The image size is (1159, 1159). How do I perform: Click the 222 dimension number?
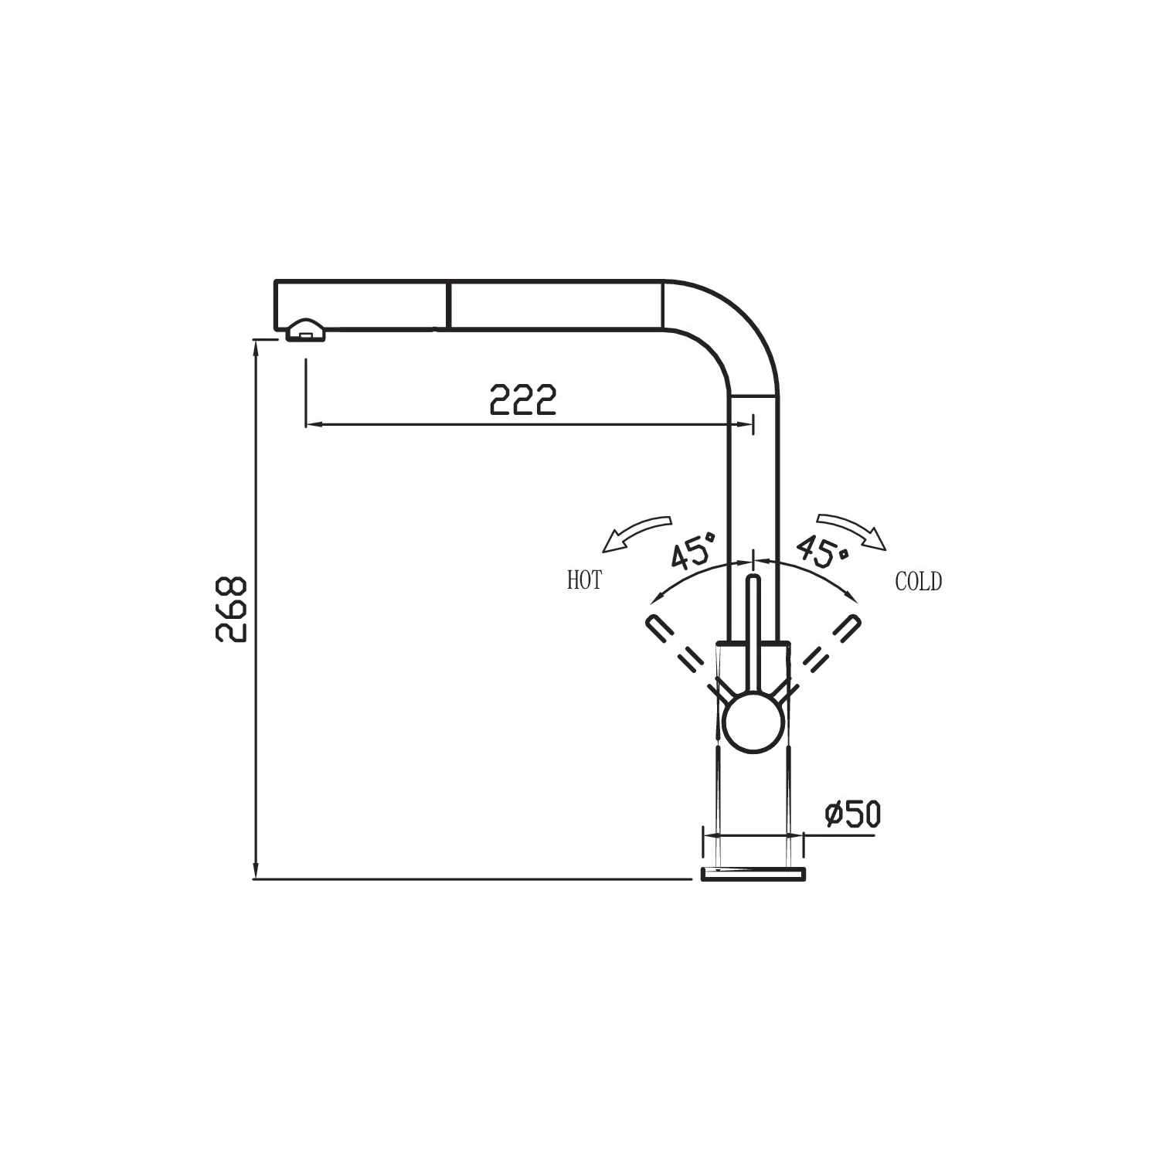click(523, 399)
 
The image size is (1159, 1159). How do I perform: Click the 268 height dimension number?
click(231, 608)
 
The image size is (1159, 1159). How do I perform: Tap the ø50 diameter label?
click(852, 814)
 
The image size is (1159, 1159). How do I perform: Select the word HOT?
click(584, 580)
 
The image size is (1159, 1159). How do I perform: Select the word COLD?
click(919, 581)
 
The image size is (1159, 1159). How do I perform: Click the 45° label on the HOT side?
click(693, 549)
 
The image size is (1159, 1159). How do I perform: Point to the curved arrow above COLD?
click(851, 529)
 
